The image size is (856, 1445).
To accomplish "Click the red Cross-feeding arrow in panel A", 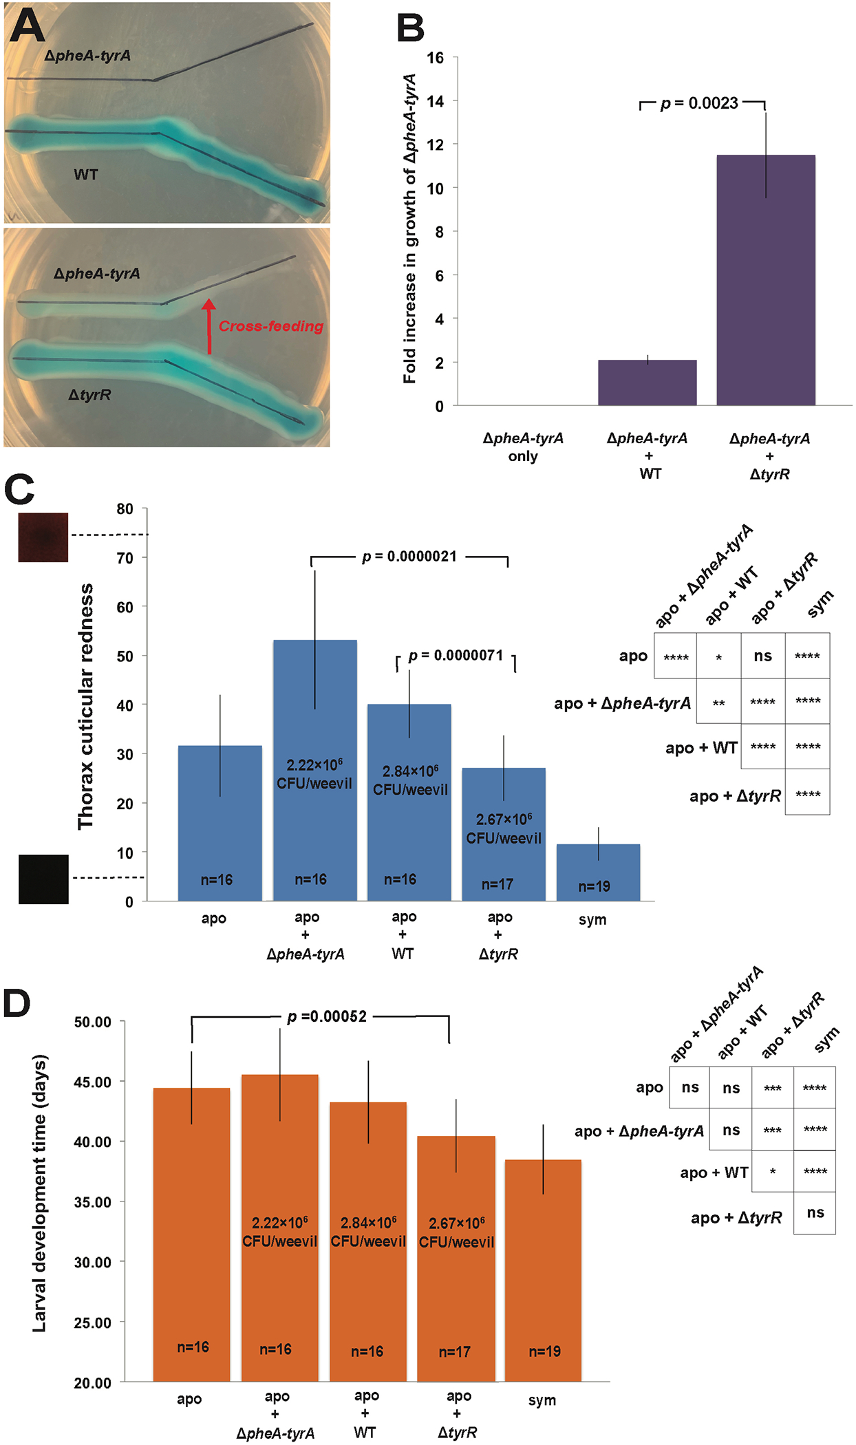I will click(209, 326).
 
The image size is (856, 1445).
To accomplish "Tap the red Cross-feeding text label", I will click(271, 326).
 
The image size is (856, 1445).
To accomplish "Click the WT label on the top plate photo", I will click(86, 175).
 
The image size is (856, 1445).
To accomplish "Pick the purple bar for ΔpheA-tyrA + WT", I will click(647, 383).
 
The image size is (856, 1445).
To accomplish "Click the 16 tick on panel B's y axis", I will click(435, 58).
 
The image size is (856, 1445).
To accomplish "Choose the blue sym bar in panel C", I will click(598, 872).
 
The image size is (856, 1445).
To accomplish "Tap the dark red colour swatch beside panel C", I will click(43, 537).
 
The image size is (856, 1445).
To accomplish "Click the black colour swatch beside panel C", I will click(43, 879).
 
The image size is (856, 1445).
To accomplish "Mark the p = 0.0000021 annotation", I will click(409, 557).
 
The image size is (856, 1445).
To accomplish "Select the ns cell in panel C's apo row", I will click(762, 656).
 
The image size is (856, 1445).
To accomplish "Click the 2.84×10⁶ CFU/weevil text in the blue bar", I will click(410, 780).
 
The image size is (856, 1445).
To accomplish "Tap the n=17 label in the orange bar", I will click(455, 1352).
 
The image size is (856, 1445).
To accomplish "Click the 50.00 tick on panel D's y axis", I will click(93, 1022).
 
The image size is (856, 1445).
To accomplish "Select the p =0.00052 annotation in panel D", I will click(327, 1017).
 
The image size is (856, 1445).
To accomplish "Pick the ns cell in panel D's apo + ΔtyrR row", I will click(815, 1212).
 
